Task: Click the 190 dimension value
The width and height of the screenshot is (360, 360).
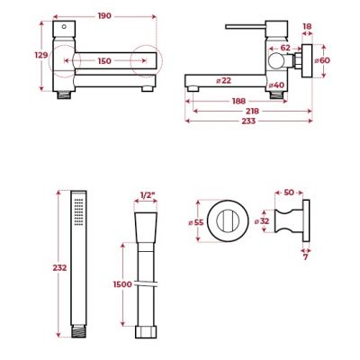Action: [105, 16]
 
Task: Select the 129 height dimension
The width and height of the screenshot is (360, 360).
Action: [41, 56]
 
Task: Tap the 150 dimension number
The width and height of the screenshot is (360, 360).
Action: [105, 60]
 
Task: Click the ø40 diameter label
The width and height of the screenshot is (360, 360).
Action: [276, 85]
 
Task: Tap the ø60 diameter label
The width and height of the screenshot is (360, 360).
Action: [325, 60]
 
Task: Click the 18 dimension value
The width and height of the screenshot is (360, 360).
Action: [307, 28]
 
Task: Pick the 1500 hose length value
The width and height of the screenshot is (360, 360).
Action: [124, 283]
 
